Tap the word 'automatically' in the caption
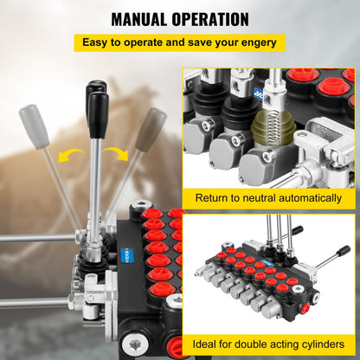[316, 199]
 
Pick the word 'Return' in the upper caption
[214, 199]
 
